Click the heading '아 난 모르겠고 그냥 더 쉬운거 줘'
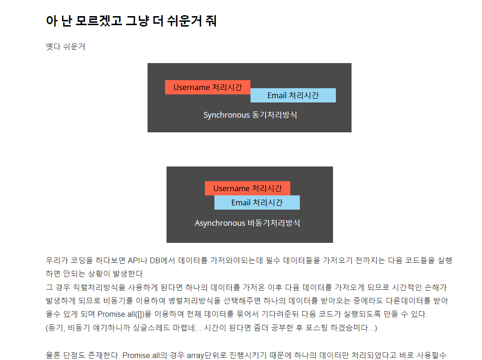(x=131, y=21)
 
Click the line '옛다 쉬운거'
(x=65, y=47)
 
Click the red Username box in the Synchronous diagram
(x=207, y=87)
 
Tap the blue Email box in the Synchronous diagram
(x=293, y=95)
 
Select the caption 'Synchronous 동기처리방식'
(x=250, y=115)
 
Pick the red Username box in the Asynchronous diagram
(x=247, y=188)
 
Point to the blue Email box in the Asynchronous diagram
(x=257, y=203)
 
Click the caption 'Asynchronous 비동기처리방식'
(x=247, y=223)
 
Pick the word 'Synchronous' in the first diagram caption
(x=226, y=115)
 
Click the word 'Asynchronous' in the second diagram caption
(x=220, y=223)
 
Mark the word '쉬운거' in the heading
(x=184, y=21)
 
